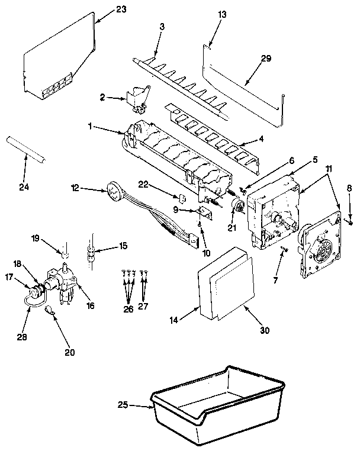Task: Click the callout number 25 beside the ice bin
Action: [123, 405]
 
